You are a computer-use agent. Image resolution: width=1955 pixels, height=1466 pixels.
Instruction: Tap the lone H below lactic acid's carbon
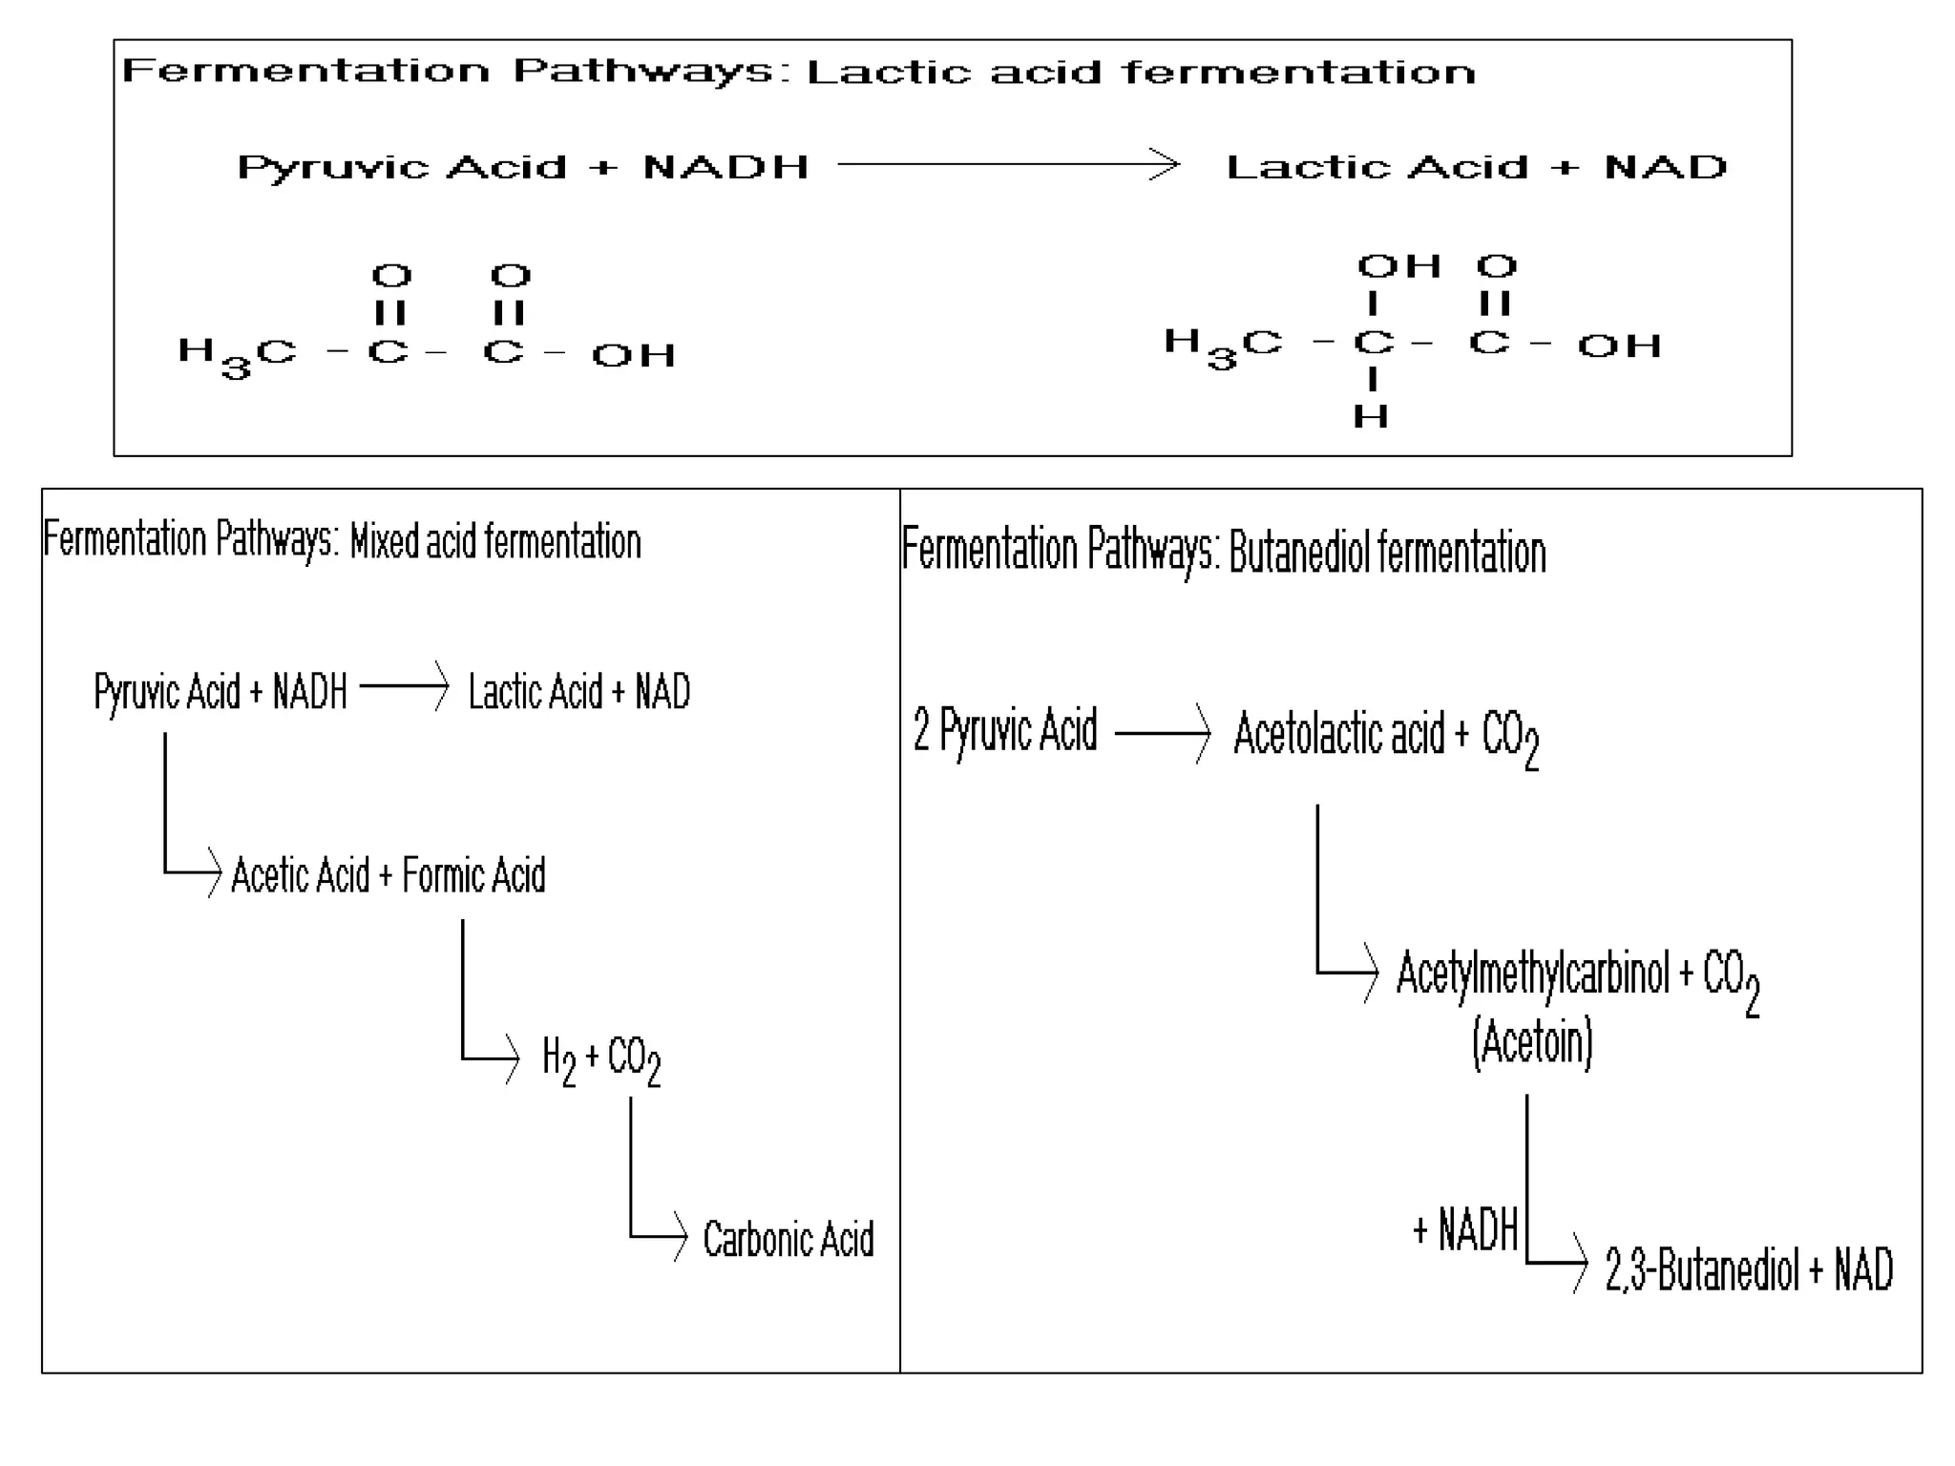coord(1371,416)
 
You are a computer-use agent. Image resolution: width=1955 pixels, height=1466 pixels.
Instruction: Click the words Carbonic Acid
coord(788,1239)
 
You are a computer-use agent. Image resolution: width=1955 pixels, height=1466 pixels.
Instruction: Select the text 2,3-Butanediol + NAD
coord(1749,1270)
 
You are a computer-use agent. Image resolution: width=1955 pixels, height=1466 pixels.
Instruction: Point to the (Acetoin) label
coord(1532,1041)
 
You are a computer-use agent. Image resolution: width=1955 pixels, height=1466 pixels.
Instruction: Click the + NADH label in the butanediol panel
coord(1465,1229)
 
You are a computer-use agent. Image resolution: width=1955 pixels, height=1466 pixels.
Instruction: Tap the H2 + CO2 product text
coord(601,1059)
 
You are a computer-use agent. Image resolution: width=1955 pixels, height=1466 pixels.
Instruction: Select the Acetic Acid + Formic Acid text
coord(389,875)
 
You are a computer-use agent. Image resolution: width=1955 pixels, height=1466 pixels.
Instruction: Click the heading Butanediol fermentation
coord(1386,554)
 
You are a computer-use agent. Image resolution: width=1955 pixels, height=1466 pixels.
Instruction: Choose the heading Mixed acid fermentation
coord(495,542)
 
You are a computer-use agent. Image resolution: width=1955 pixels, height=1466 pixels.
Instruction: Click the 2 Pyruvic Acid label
coord(1005,731)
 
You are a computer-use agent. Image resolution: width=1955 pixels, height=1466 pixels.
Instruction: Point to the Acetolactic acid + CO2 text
coord(1386,736)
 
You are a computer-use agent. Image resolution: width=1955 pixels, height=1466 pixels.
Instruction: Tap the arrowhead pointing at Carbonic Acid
coord(680,1237)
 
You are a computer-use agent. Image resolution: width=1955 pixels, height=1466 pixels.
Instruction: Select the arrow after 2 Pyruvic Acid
coord(1163,733)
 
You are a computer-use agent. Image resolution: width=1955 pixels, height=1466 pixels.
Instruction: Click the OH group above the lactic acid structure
coord(1398,266)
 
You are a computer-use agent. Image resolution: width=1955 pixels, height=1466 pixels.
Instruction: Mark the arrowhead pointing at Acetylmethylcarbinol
coord(1371,973)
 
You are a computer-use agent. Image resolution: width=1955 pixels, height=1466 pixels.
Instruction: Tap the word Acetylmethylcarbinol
coord(1532,974)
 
